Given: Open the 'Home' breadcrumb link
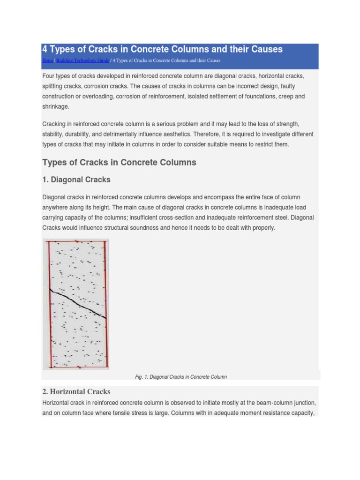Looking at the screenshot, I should click(48, 61).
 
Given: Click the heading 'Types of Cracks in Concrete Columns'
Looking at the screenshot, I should click(119, 163).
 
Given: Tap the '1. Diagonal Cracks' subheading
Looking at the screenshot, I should click(76, 180).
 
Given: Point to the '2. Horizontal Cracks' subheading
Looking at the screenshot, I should click(76, 391).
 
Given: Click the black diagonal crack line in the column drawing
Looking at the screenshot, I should click(78, 304).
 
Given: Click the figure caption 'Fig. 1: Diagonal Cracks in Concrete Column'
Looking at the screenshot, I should click(180, 377).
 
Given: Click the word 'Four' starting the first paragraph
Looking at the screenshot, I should click(49, 76).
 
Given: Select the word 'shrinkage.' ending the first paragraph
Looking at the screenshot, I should click(56, 107).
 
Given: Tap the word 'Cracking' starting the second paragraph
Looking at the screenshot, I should click(55, 124).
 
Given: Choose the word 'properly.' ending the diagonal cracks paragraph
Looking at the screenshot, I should click(261, 228).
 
